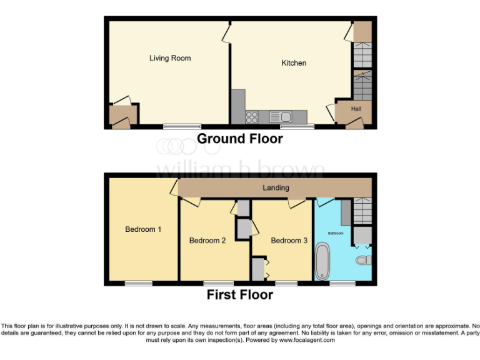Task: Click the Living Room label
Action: pyautogui.click(x=170, y=58)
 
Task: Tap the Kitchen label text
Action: pyautogui.click(x=294, y=63)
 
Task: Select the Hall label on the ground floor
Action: pyautogui.click(x=356, y=109)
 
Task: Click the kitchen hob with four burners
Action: pyautogui.click(x=253, y=116)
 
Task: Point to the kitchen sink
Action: pyautogui.click(x=281, y=116)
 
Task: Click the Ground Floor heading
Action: pyautogui.click(x=240, y=139)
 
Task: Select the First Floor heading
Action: pyautogui.click(x=240, y=294)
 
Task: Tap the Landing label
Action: pyautogui.click(x=276, y=187)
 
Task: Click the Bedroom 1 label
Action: pyautogui.click(x=143, y=229)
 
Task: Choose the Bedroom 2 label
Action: pyautogui.click(x=207, y=241)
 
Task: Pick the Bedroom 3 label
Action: pyautogui.click(x=289, y=241)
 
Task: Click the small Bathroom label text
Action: pyautogui.click(x=336, y=233)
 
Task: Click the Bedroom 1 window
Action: pyautogui.click(x=138, y=283)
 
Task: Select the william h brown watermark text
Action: pyautogui.click(x=240, y=170)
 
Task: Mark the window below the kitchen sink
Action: pyautogui.click(x=297, y=126)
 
